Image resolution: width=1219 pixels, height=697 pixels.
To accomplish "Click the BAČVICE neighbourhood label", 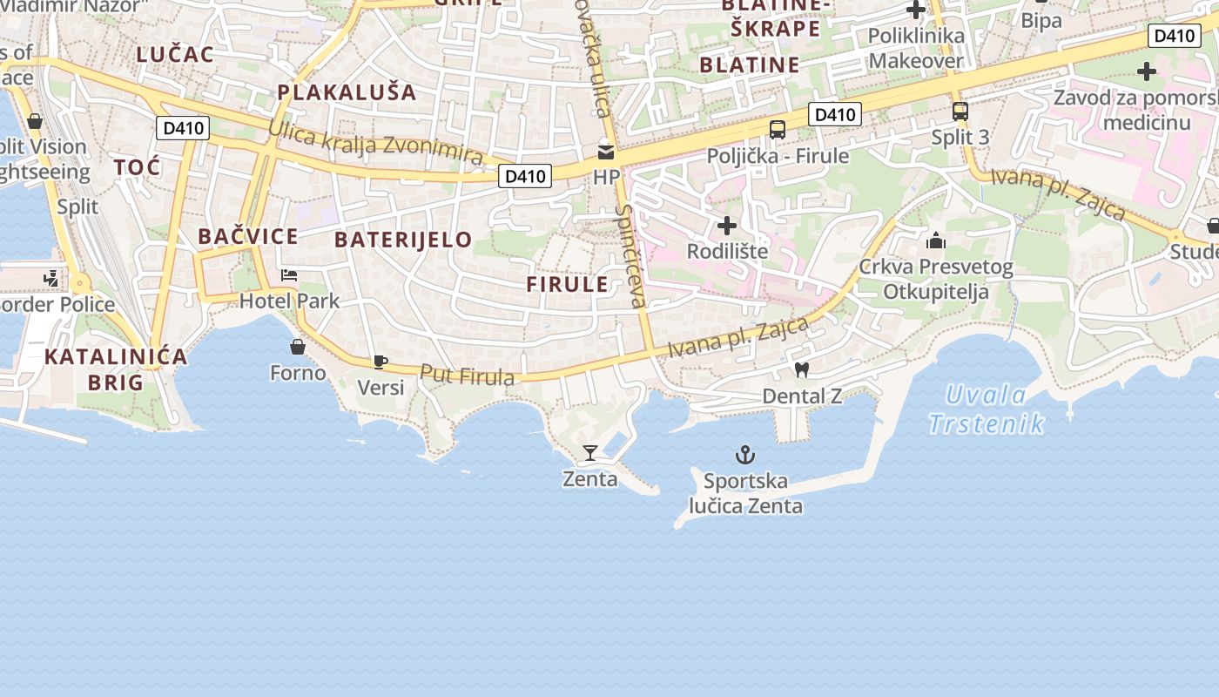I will pos(247,236).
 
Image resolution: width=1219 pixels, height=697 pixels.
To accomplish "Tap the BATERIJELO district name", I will pos(403,240).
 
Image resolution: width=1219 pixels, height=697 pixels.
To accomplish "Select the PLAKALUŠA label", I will pos(347,91).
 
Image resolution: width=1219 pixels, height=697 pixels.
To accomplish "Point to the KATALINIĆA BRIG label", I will pos(116,369).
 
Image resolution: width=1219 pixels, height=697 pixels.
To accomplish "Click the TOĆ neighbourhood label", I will pos(137,166).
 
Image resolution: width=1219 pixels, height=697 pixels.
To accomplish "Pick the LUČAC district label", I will pos(174,54).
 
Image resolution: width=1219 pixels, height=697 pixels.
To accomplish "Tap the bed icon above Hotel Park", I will pos(289,276).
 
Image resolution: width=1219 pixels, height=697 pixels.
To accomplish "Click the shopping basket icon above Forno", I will pos(298,347).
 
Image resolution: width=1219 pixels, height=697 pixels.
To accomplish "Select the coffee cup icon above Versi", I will pos(380,362).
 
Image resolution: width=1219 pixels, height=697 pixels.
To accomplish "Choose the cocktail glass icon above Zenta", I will pos(590,453).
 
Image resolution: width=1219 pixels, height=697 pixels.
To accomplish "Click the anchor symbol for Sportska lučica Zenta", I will pos(745,455).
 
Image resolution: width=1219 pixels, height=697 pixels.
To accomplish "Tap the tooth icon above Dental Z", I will pos(802,369).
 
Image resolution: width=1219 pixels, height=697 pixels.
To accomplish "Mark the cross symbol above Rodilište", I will pos(726,227).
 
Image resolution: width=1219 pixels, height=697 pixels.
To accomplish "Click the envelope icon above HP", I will pos(605,152).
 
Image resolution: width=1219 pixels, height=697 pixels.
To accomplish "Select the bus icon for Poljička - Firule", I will pos(778,130).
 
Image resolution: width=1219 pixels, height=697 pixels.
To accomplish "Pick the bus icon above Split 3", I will pos(960,112).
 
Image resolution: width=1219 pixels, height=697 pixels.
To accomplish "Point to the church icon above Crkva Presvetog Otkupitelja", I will pos(936,240).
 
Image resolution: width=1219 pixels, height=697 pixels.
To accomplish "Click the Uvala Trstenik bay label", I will pos(986,409).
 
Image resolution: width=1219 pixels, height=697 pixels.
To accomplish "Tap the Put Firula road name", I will pos(467,376).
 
